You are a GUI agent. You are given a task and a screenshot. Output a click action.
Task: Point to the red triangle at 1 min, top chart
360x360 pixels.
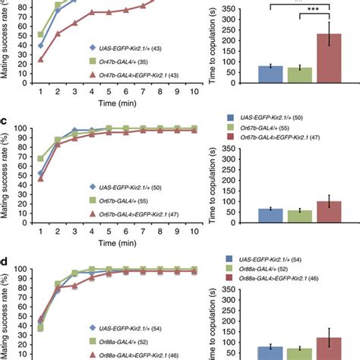pos(40,59)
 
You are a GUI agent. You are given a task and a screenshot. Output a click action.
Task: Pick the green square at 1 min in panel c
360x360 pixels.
pos(40,159)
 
